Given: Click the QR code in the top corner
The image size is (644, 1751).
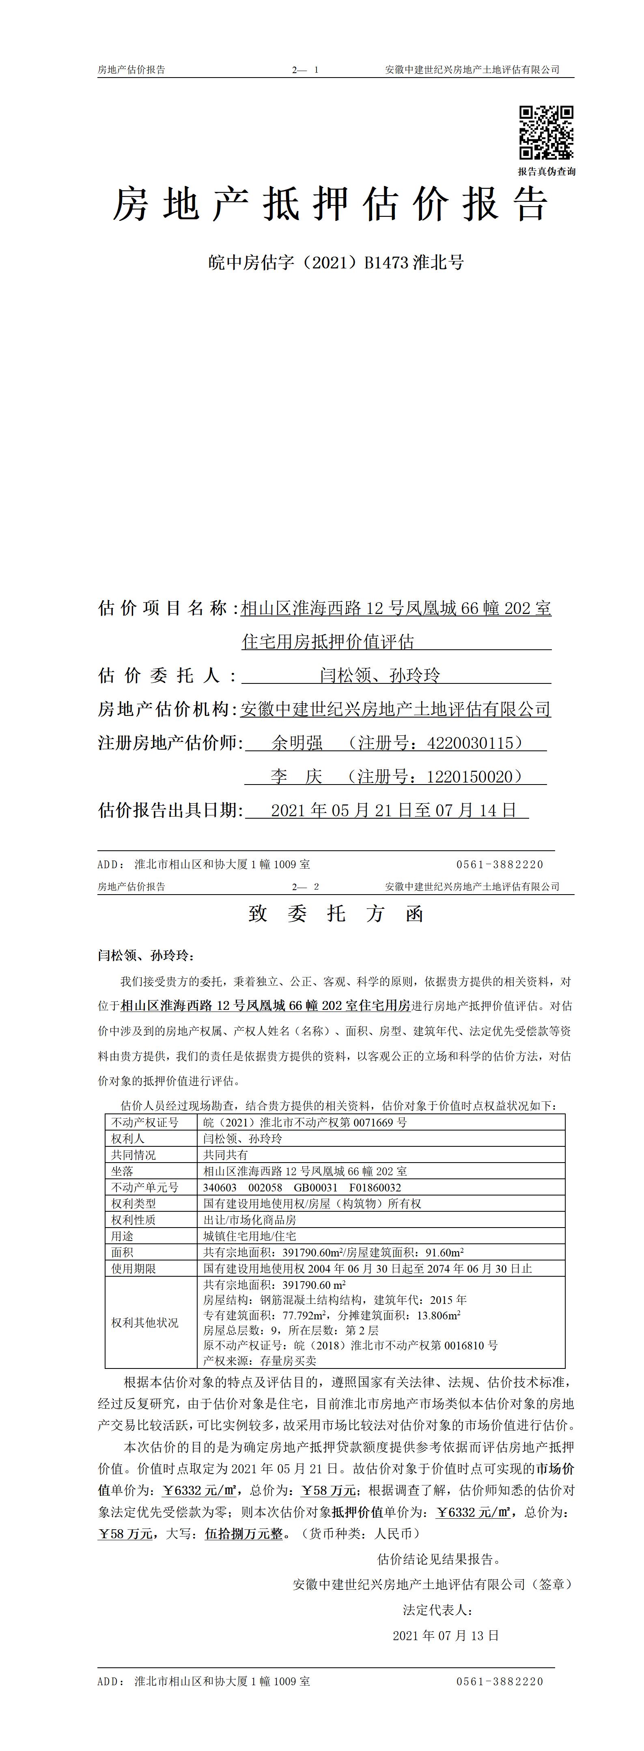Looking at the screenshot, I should [546, 132].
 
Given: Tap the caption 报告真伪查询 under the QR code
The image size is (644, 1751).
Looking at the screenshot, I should [546, 171].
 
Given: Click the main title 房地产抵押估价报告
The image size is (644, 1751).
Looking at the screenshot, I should [330, 204].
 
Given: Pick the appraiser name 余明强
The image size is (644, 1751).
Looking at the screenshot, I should [297, 743].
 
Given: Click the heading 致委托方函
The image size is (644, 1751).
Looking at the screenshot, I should [336, 914].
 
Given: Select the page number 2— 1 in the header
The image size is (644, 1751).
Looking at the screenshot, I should [305, 70].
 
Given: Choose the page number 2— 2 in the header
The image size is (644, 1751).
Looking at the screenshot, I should [305, 886].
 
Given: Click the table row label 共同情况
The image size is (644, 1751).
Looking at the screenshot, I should [134, 1155].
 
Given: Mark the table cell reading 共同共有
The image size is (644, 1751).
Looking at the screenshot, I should [226, 1155].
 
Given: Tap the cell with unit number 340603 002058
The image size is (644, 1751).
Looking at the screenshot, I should [302, 1187].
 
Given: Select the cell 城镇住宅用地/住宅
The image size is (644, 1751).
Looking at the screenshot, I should [250, 1236].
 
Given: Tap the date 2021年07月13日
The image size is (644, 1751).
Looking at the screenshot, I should [446, 1635].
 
